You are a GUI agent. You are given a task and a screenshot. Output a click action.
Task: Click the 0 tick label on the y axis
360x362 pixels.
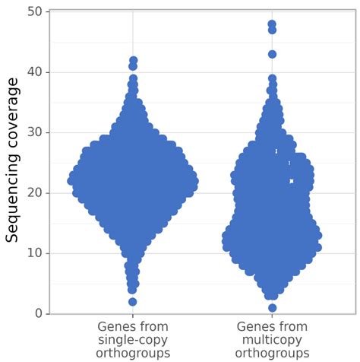click(x=38, y=313)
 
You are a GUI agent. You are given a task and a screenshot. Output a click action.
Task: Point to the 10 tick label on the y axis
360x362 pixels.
click(x=35, y=253)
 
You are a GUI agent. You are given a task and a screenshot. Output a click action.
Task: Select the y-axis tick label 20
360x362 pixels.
click(x=35, y=192)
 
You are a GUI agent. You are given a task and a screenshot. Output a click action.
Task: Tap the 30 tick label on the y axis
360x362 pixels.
click(x=35, y=132)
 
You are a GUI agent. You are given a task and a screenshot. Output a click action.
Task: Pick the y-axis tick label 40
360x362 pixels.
click(x=35, y=72)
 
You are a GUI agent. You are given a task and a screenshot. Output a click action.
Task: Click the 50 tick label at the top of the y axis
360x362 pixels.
click(x=35, y=12)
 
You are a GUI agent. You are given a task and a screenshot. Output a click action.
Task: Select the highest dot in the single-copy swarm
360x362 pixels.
click(x=133, y=60)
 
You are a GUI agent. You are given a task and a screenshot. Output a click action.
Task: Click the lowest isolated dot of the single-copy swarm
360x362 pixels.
click(x=133, y=302)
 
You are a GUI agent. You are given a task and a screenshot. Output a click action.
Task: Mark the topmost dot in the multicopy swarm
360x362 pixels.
click(x=272, y=24)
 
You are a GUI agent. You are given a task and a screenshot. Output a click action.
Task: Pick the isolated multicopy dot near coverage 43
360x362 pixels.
click(x=272, y=54)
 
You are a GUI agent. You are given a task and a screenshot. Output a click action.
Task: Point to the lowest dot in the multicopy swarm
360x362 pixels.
click(x=272, y=308)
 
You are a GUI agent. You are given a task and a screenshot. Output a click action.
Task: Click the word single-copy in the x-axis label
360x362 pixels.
click(x=133, y=340)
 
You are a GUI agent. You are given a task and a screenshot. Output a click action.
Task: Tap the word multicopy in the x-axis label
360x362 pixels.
click(x=272, y=340)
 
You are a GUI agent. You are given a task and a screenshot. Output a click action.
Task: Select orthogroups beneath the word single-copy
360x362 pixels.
click(x=133, y=353)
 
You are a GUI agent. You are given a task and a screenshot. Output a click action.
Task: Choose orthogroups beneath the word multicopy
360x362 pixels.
click(x=272, y=353)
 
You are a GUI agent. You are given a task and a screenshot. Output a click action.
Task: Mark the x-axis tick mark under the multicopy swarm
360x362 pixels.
click(x=272, y=316)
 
